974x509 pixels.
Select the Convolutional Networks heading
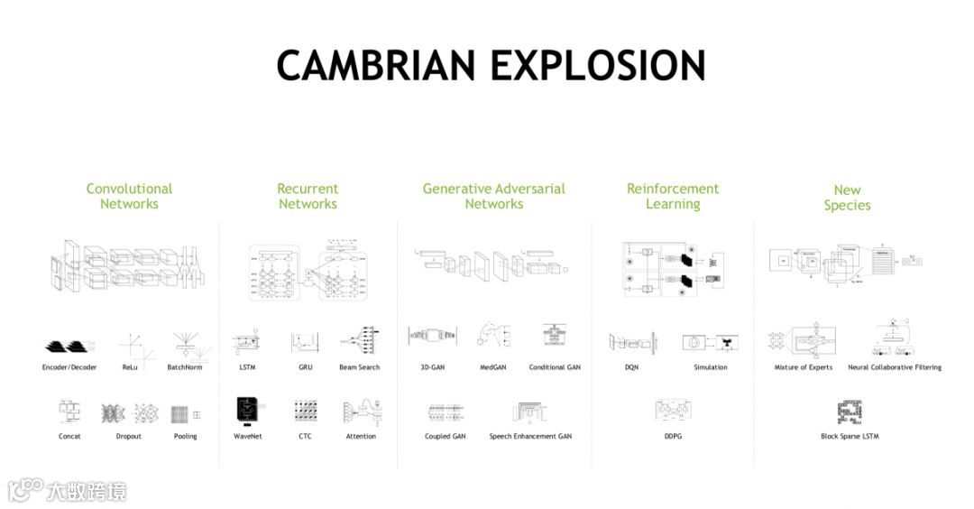tap(129, 196)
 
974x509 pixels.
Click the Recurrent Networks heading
tap(308, 196)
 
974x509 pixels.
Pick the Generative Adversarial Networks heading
tap(494, 196)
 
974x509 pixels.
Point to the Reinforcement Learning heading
tap(673, 196)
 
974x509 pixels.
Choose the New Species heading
tap(847, 197)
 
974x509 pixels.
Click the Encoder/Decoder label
tap(69, 367)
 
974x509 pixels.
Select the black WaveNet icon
tap(247, 412)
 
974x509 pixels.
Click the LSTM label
tap(247, 367)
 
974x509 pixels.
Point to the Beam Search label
tap(359, 367)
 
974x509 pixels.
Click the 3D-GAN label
tap(433, 367)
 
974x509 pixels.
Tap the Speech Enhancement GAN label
tap(530, 437)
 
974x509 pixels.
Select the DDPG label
tap(673, 437)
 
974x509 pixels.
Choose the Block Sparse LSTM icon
tap(849, 412)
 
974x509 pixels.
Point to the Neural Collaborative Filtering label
tap(895, 367)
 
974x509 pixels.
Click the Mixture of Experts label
tap(804, 367)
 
